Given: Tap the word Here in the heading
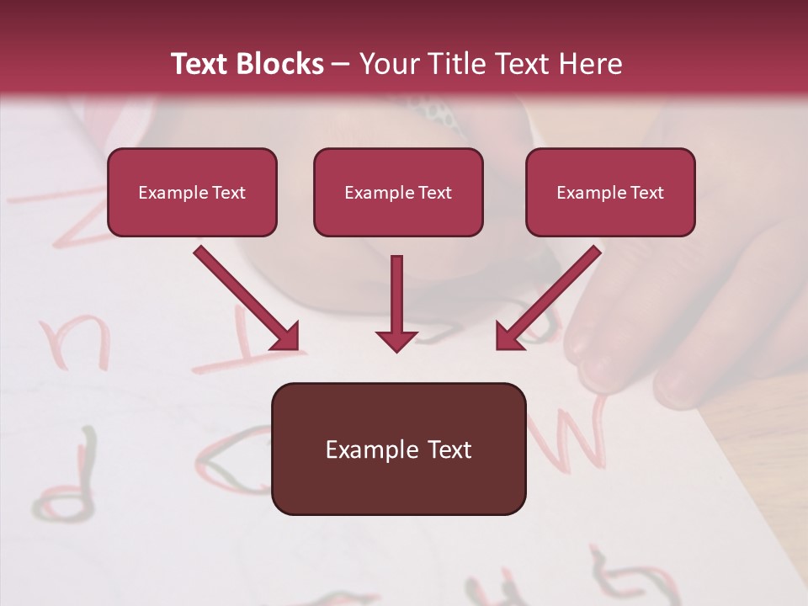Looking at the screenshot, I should (x=590, y=64).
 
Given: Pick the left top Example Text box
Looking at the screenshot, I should (x=192, y=193).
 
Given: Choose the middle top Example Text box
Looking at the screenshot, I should (x=398, y=193).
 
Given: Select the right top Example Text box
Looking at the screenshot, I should (x=610, y=193).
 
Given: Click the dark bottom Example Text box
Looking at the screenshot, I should (x=398, y=449).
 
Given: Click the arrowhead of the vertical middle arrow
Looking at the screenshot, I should (x=396, y=339).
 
